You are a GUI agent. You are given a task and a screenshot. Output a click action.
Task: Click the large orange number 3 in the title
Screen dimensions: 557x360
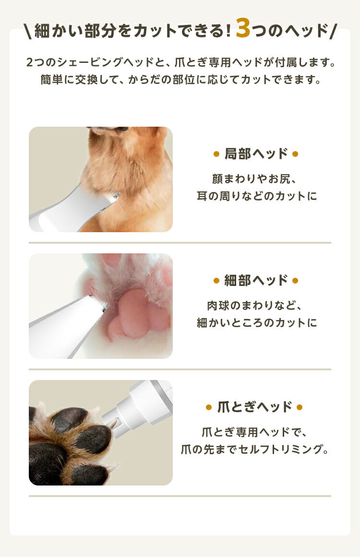pos(243,29)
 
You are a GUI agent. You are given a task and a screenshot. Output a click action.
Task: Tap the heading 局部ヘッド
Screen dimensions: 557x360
pos(256,154)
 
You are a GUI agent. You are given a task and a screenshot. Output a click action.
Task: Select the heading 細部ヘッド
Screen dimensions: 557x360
pos(256,281)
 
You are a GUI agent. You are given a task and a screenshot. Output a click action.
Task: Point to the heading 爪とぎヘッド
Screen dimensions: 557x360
pos(254,407)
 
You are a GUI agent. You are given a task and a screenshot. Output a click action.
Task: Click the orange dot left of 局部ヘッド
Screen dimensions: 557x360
pos(216,154)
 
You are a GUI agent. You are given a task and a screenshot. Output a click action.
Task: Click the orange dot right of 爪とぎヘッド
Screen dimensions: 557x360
pos(300,408)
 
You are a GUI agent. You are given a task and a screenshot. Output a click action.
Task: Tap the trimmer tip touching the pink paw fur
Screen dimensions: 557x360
pos(102,305)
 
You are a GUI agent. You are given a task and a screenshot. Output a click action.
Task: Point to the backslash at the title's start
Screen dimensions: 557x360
pos(27,31)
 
